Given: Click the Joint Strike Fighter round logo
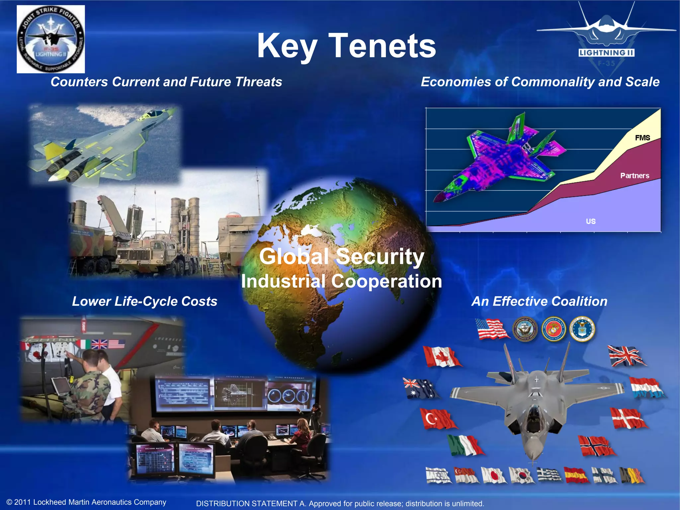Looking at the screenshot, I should click(51, 39).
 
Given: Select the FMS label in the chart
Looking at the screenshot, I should click(642, 138).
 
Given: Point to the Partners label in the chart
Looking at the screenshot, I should click(635, 176).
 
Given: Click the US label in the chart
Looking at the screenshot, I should click(590, 221).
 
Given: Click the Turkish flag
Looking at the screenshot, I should click(438, 419).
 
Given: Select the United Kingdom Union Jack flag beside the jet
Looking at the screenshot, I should click(626, 356).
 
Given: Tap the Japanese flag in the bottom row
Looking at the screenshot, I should click(493, 475).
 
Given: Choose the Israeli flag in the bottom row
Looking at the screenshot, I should click(438, 475).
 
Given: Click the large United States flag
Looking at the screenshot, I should click(492, 329).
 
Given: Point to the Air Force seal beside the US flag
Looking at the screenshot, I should click(582, 329).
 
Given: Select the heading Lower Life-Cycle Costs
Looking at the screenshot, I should click(144, 301).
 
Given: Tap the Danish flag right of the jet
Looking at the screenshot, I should click(628, 418).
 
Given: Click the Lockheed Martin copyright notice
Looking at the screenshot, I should click(86, 502).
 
